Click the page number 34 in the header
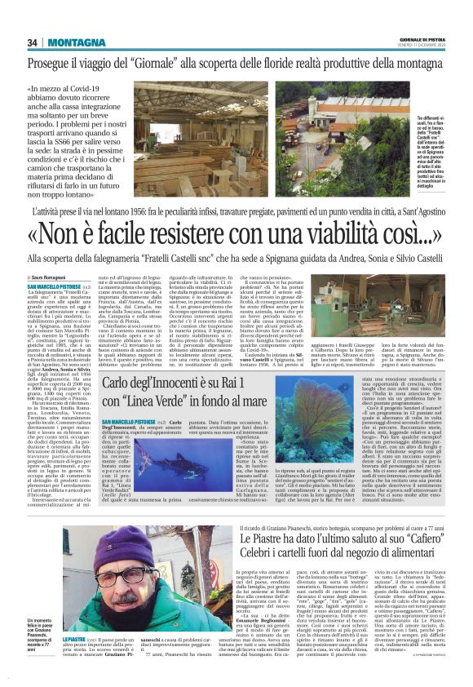[x=33, y=42]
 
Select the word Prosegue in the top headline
[x=55, y=64]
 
